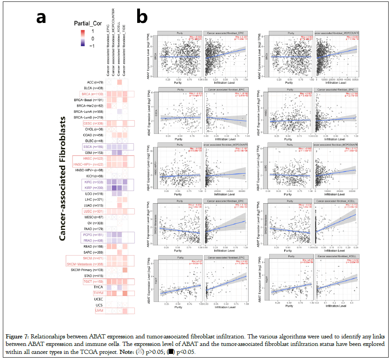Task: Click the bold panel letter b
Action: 142,17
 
